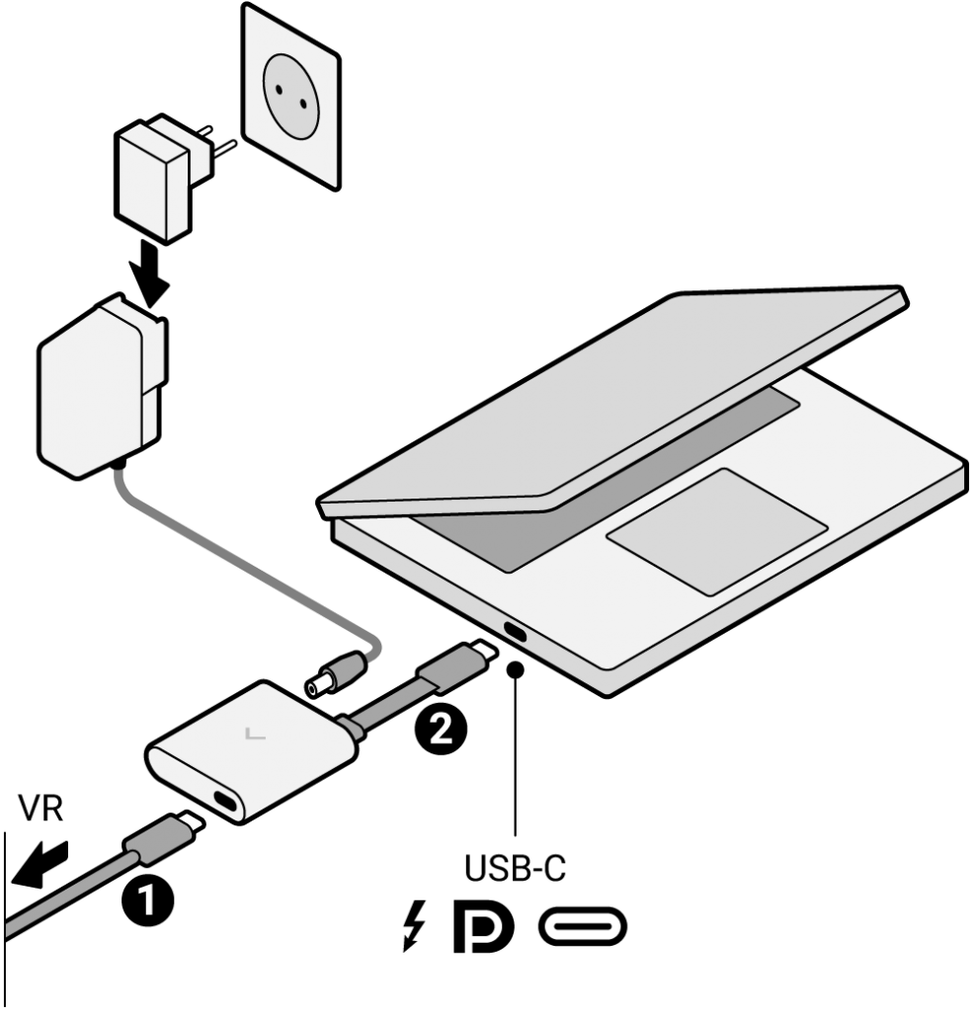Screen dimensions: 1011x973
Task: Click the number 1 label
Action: pos(146,899)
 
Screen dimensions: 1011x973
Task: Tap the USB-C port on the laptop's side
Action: pos(515,632)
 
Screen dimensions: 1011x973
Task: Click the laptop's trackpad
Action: pos(716,531)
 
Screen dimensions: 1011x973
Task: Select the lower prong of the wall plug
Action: pos(224,149)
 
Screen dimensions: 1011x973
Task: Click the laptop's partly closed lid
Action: pos(612,405)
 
